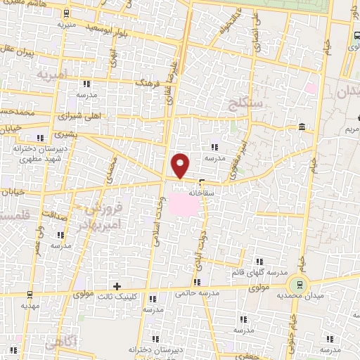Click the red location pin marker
click(181, 166)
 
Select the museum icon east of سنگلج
click(302, 127)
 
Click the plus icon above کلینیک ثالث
click(117, 285)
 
